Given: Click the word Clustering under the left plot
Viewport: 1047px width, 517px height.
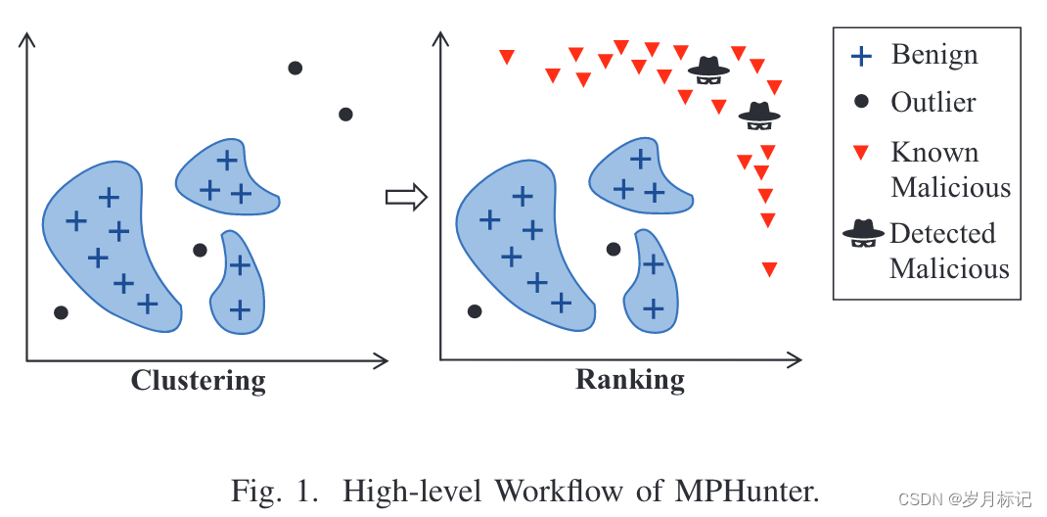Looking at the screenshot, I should coord(199,380).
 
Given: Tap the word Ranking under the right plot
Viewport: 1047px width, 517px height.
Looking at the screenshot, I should coord(630,379).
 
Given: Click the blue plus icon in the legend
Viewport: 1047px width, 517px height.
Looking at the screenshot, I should coord(861,56).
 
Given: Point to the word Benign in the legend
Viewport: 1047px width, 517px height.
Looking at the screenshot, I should coord(933,55).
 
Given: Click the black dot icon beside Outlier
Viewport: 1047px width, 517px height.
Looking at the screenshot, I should coord(861,101).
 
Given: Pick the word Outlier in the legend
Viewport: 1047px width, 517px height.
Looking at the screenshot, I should coord(933,102).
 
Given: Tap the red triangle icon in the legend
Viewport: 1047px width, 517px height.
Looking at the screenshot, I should coord(861,153).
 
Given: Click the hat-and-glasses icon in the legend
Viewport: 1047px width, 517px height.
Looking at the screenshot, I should coord(863,233).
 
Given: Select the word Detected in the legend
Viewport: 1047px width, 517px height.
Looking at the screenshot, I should coord(942,233).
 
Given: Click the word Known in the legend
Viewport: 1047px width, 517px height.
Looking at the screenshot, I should coord(934,153).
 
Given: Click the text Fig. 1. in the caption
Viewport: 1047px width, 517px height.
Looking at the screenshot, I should coord(275,490).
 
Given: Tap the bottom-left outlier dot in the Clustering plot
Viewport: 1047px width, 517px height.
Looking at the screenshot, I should coord(61,312).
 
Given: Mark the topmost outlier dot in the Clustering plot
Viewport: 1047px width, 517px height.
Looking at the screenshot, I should coord(295,68).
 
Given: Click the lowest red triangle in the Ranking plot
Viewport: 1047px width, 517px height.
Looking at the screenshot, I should coord(769,269).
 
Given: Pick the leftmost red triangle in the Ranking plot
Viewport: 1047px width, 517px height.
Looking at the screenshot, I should coord(506,57).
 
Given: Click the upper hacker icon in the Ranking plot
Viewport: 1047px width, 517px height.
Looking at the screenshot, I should coord(708,67).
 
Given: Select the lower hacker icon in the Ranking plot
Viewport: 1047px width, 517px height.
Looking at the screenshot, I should coord(759,116).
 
